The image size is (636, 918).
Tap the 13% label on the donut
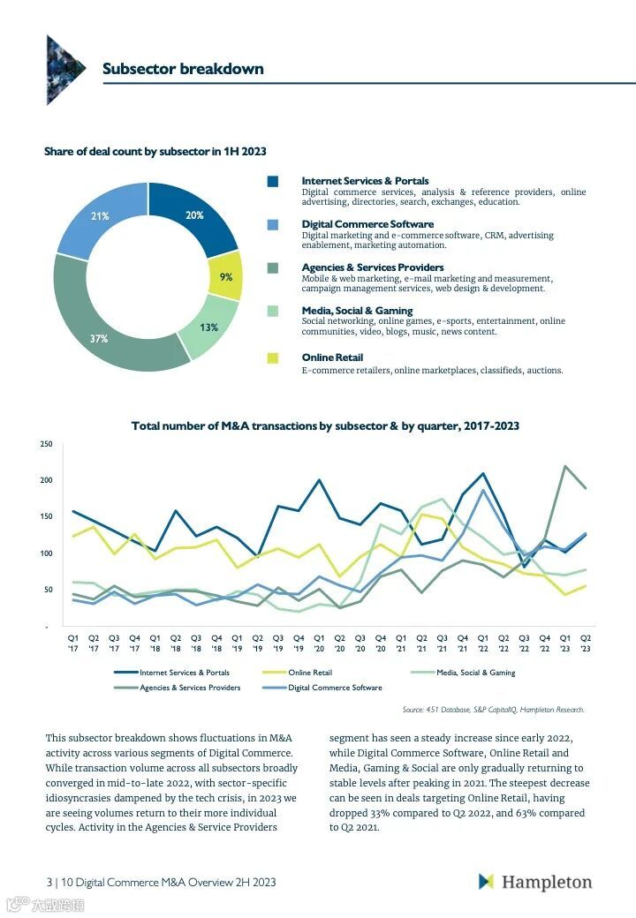point(208,327)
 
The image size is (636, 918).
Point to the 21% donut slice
point(100,216)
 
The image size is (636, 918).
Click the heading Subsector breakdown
point(183,69)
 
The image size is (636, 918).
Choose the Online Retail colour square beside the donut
point(273,357)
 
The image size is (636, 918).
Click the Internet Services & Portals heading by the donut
point(365,181)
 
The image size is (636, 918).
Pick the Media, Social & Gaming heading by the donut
point(357,311)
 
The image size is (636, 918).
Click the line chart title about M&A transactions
point(325,425)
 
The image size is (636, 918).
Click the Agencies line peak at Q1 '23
point(564,466)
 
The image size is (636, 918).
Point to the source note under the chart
point(493,709)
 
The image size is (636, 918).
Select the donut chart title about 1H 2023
point(155,152)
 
